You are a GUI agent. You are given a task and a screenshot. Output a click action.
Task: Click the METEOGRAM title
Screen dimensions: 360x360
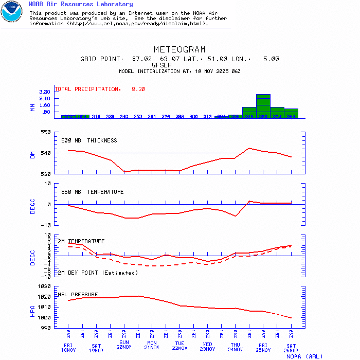click(x=179, y=50)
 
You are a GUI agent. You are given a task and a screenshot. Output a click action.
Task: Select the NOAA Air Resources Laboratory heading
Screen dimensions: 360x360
click(x=80, y=4)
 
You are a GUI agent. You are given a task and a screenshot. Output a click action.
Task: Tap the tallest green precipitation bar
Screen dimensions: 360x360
click(x=263, y=106)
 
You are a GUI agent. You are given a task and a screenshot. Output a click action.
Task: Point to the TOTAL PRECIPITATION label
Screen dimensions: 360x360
click(x=87, y=89)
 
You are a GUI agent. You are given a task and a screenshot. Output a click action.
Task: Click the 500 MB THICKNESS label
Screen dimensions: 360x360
click(x=89, y=140)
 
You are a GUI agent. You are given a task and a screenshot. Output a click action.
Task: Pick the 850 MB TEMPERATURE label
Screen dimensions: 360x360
click(x=93, y=192)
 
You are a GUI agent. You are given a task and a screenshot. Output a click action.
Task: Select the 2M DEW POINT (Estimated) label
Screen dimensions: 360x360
click(x=97, y=273)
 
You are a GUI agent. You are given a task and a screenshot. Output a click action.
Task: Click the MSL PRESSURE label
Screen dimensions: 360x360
click(x=77, y=295)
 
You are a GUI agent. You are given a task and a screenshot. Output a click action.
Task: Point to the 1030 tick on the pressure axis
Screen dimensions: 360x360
click(x=44, y=286)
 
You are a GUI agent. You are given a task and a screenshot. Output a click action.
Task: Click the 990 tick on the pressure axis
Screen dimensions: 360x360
click(x=46, y=328)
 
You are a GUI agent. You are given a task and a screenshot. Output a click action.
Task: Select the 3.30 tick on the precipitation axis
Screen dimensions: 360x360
click(x=44, y=92)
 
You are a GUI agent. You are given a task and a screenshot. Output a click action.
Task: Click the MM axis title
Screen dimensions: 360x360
click(x=32, y=107)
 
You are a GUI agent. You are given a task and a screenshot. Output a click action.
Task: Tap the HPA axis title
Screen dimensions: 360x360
click(x=32, y=311)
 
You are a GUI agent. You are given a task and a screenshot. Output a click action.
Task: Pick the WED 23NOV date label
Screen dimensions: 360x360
click(x=208, y=347)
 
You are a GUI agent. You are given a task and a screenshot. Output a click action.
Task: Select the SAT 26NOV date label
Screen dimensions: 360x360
click(x=291, y=347)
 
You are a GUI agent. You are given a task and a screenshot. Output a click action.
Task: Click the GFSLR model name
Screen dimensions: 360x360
click(x=162, y=65)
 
